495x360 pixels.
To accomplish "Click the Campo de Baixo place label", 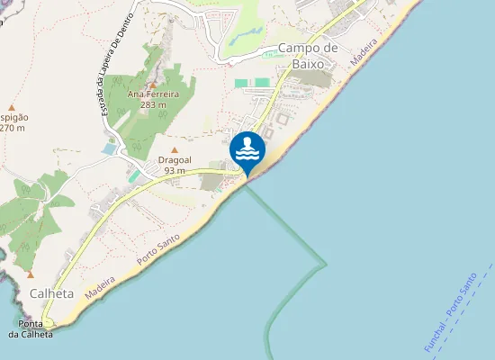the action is (x=307, y=55).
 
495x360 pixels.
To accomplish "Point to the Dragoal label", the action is (x=175, y=160).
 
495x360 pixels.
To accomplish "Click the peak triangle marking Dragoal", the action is (x=175, y=150).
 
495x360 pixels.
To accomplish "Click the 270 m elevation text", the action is (x=12, y=128).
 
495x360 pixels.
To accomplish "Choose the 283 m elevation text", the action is (x=153, y=104).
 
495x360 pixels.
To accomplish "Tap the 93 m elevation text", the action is (x=175, y=171).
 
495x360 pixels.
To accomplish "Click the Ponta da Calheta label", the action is (x=31, y=328).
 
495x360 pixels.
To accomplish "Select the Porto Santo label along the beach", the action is (x=158, y=248).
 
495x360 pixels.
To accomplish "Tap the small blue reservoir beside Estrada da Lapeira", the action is (x=109, y=148).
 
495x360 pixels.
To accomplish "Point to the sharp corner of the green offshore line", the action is (x=326, y=265).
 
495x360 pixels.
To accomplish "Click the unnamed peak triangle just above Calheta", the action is (x=30, y=274).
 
